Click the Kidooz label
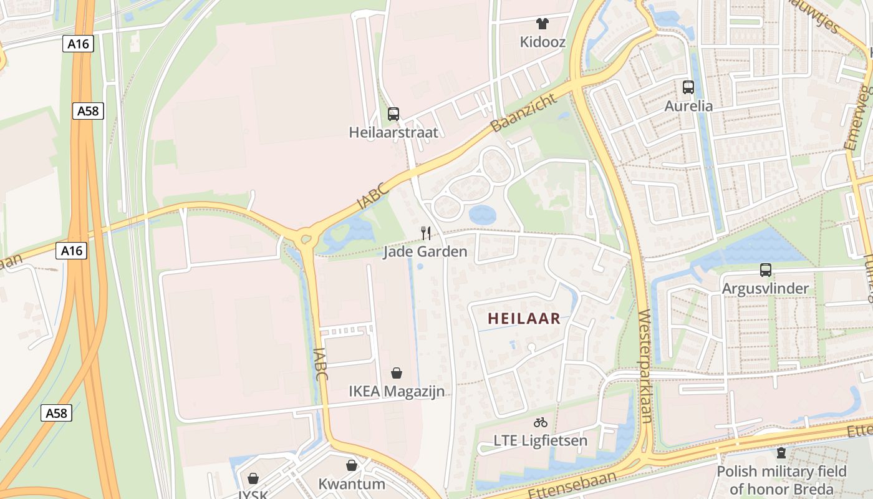point(543,42)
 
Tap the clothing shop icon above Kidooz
point(543,24)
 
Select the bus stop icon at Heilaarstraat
point(393,114)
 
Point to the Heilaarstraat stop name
point(393,132)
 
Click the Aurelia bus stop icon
point(688,87)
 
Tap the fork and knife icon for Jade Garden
point(426,233)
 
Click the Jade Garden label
point(425,252)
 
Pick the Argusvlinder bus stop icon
point(765,270)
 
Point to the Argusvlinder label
point(765,289)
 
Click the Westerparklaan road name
point(644,366)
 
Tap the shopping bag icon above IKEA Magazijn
point(397,373)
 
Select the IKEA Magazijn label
point(397,392)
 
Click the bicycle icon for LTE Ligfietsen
point(541,422)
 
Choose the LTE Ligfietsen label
point(541,441)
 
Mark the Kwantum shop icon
point(352,465)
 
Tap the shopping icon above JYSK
point(253,478)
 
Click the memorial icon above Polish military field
point(781,453)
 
